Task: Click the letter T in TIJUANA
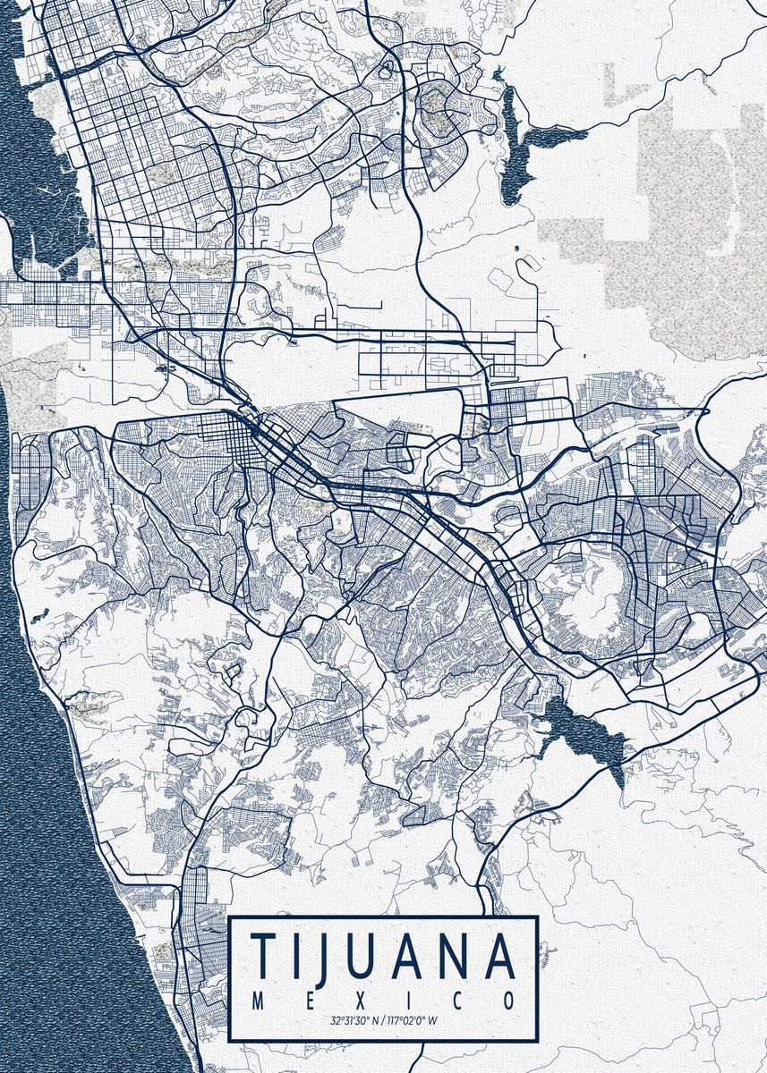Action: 264,957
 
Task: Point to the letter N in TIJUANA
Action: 451,957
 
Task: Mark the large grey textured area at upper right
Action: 698,224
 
